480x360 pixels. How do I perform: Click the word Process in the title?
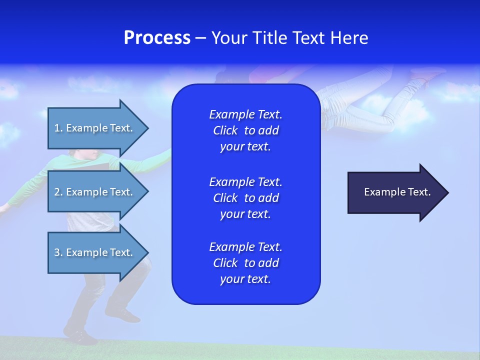(157, 38)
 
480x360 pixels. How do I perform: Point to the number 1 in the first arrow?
(56, 128)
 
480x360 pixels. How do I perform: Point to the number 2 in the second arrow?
(56, 192)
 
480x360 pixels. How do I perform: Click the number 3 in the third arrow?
(56, 252)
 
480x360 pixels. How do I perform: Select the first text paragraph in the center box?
(245, 130)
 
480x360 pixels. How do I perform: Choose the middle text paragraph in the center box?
(245, 198)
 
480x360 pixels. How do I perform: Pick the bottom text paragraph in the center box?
(245, 263)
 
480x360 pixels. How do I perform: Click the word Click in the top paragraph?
(225, 130)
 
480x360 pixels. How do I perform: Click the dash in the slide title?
(200, 38)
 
